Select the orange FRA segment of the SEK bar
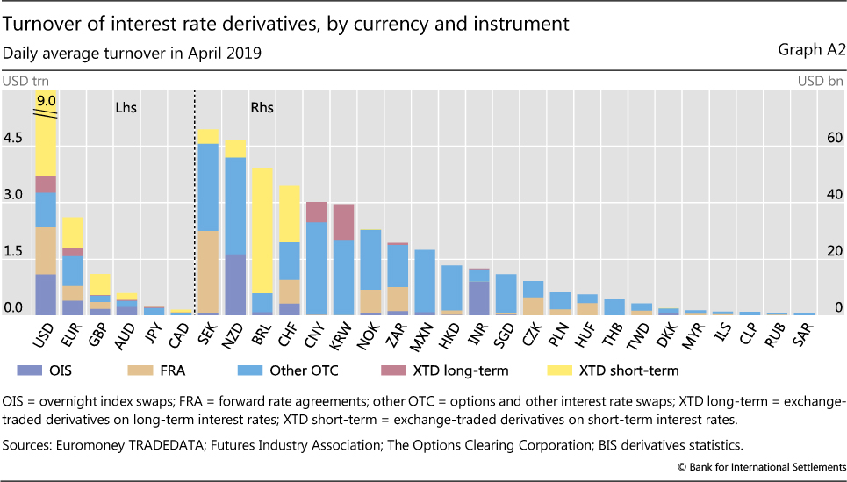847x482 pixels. pyautogui.click(x=208, y=271)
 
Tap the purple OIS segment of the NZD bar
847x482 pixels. pyautogui.click(x=235, y=284)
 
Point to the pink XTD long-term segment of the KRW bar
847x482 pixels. pyautogui.click(x=343, y=221)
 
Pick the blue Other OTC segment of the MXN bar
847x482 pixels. pyautogui.click(x=425, y=281)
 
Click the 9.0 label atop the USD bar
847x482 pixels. pyautogui.click(x=46, y=100)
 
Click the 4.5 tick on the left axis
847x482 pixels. pyautogui.click(x=14, y=139)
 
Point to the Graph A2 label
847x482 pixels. pyautogui.click(x=812, y=50)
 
